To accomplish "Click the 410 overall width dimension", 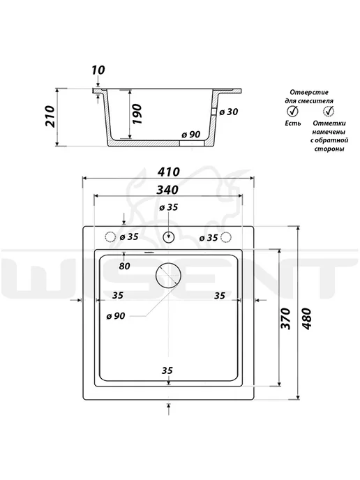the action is [168, 172].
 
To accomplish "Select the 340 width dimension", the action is [167, 190].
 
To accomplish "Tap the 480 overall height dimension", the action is [306, 319].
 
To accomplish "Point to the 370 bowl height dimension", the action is [285, 318].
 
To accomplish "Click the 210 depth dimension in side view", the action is [50, 117].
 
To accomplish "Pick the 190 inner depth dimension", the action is [137, 114].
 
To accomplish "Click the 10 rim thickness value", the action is [98, 70].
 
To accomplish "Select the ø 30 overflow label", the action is [229, 112].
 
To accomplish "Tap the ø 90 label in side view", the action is [190, 135].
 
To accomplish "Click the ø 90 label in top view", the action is [116, 316].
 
